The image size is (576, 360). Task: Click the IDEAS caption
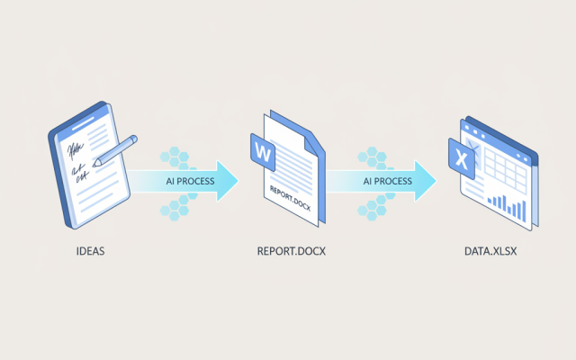click(x=90, y=251)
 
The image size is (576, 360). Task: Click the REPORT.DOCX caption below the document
click(x=292, y=251)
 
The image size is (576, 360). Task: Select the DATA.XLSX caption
click(x=490, y=251)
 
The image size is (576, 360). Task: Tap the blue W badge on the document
click(x=263, y=152)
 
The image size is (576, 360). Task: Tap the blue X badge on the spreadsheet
click(x=462, y=159)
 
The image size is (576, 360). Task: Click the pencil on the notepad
click(x=115, y=151)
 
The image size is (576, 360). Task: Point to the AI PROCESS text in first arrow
click(x=190, y=181)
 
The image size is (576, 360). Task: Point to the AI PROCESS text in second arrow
click(x=388, y=181)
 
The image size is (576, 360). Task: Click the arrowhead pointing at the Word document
click(x=227, y=181)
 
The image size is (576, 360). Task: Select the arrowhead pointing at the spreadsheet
click(x=425, y=181)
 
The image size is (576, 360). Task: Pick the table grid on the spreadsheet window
click(x=505, y=170)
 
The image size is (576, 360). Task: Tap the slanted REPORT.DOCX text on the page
click(x=290, y=199)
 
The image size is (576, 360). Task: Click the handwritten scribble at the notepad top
click(x=76, y=149)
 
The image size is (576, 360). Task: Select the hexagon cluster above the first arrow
click(x=175, y=157)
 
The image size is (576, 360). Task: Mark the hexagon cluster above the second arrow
click(x=373, y=157)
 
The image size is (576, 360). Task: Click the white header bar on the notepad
click(x=83, y=124)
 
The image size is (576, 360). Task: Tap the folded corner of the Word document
click(x=310, y=146)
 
